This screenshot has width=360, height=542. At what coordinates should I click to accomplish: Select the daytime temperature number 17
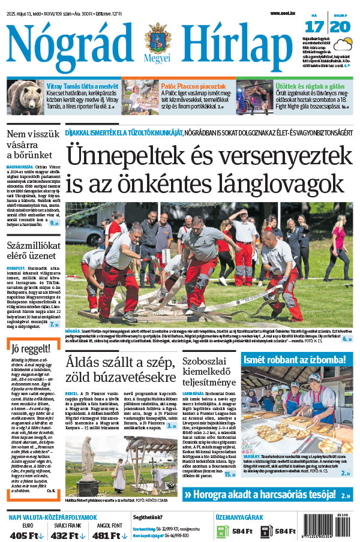pos(313,27)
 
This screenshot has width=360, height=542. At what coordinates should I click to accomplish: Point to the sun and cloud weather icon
pos(344,45)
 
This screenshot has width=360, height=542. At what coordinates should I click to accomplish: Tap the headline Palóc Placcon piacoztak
pos(193,86)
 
